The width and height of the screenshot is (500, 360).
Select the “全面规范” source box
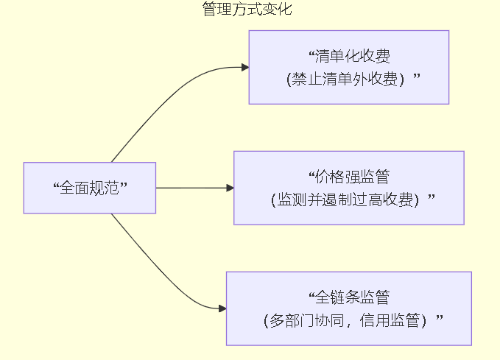click(90, 188)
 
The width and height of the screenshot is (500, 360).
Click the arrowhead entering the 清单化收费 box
click(244, 67)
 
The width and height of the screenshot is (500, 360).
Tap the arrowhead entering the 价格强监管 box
click(230, 188)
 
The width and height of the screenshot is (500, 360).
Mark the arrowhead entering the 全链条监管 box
click(222, 308)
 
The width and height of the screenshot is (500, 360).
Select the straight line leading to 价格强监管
click(191, 188)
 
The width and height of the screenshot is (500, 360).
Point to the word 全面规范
click(90, 188)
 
